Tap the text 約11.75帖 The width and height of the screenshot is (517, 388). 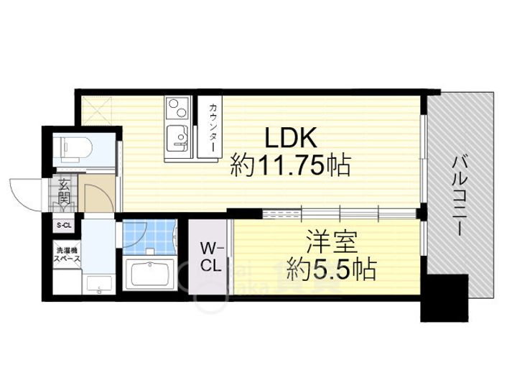[x=289, y=167]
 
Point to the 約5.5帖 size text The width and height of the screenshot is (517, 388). [x=328, y=270]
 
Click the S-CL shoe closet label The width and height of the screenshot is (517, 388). [x=64, y=226]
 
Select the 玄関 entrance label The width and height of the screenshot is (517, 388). [x=65, y=191]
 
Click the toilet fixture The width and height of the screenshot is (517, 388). [x=74, y=147]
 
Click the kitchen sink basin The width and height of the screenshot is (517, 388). [x=176, y=134]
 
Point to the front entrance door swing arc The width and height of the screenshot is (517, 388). [x=25, y=193]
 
